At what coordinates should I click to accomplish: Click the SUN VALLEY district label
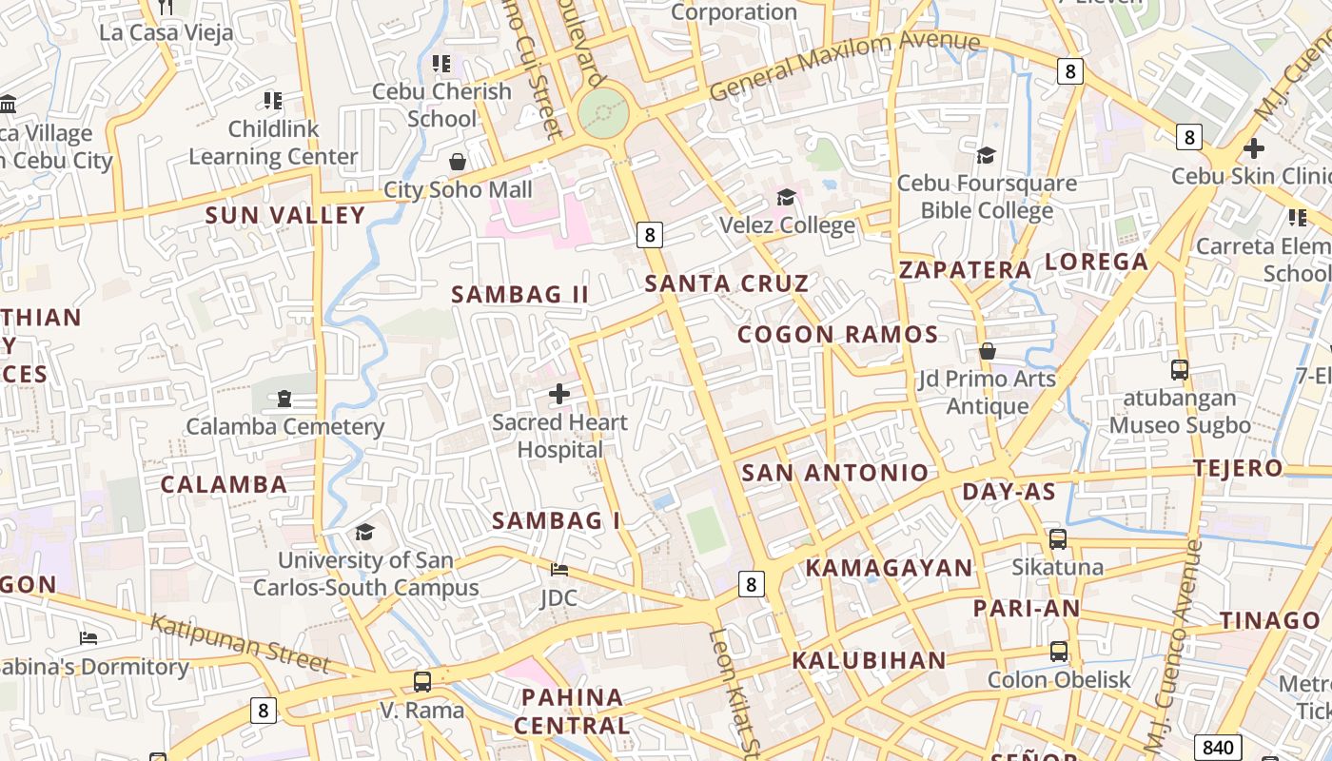click(x=285, y=216)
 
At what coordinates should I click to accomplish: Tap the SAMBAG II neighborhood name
click(x=520, y=295)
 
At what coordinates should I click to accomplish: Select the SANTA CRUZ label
click(x=727, y=283)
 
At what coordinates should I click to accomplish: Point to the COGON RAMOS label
click(x=838, y=335)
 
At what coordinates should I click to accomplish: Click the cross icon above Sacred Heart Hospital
click(x=559, y=393)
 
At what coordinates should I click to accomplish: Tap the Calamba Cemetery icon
click(x=284, y=399)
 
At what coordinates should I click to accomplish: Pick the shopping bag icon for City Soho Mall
click(x=458, y=162)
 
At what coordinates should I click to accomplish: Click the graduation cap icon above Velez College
click(x=786, y=197)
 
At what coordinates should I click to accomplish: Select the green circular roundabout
click(x=603, y=113)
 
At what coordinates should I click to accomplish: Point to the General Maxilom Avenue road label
click(x=845, y=65)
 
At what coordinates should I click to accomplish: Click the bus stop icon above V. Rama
click(x=421, y=682)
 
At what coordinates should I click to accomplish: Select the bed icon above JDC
click(x=559, y=570)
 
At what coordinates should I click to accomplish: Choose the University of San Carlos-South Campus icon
click(x=364, y=532)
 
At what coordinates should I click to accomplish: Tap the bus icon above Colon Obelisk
click(x=1058, y=652)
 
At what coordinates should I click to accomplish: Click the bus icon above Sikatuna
click(x=1057, y=539)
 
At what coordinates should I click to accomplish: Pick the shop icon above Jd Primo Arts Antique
click(x=988, y=351)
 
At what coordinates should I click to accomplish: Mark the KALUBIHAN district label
click(x=869, y=660)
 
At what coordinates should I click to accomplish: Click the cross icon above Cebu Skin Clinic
click(x=1254, y=148)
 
